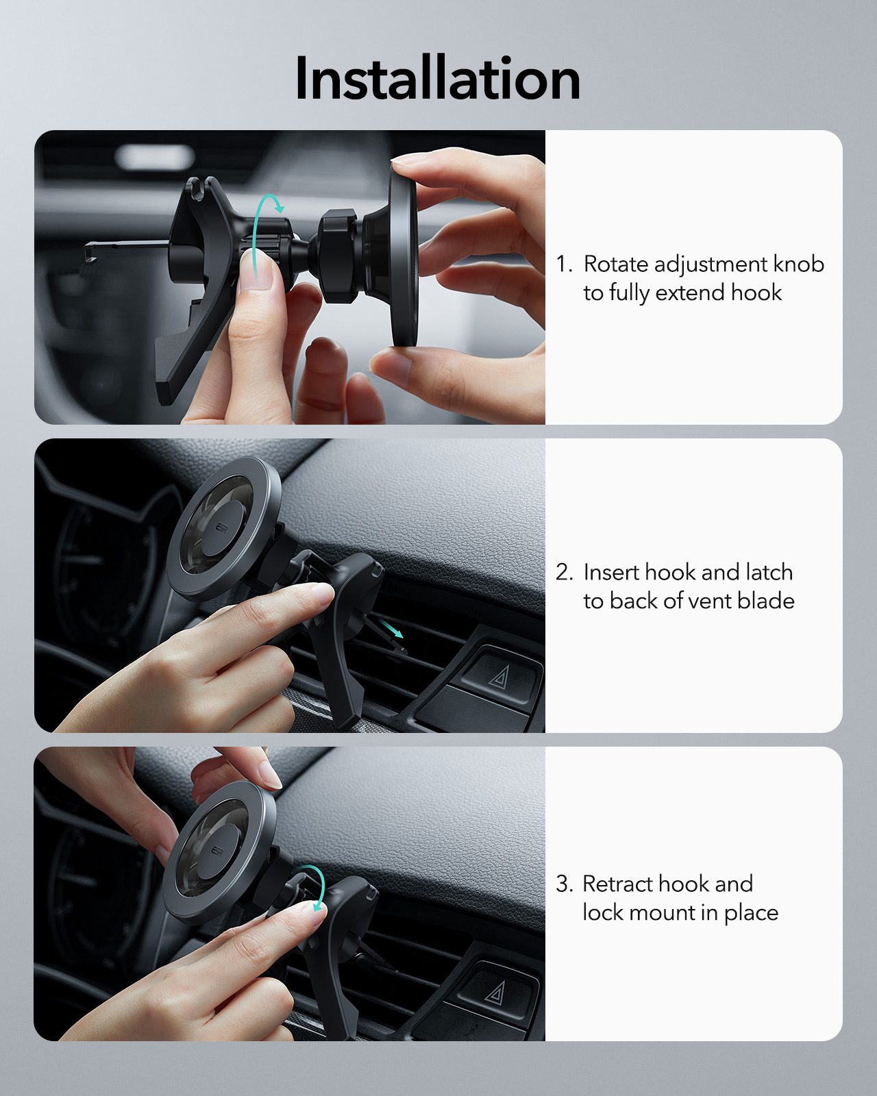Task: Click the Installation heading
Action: tap(438, 79)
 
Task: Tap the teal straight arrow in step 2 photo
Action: tap(392, 628)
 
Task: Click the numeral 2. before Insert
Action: tap(564, 573)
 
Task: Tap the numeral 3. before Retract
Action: tap(564, 884)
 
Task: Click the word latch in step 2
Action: tap(769, 572)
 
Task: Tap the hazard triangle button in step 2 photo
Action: tap(499, 677)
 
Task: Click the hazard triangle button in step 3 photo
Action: tap(495, 991)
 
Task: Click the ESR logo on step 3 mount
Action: tap(217, 851)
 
